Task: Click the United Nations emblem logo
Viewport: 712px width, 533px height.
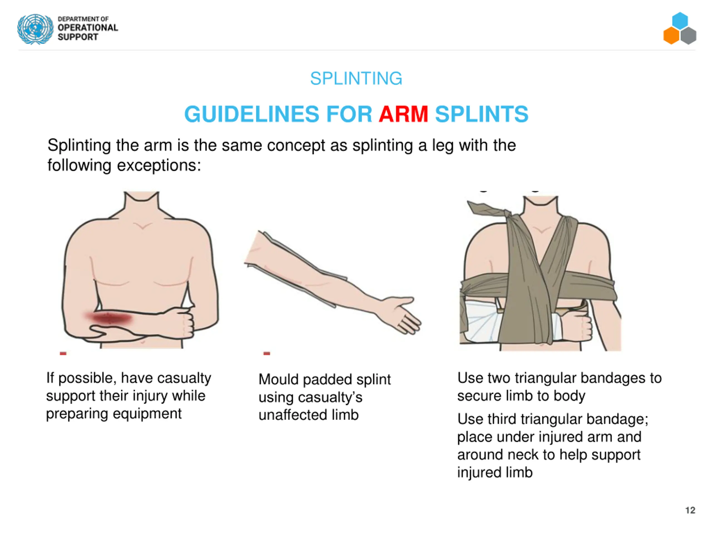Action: (35, 29)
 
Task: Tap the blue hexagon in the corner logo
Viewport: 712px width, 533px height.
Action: (680, 21)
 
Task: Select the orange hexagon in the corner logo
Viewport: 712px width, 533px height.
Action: (671, 35)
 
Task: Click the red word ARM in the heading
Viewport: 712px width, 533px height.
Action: (403, 114)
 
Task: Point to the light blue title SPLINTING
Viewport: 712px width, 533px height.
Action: (356, 78)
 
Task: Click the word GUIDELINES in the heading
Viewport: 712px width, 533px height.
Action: (251, 114)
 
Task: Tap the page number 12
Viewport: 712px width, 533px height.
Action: (690, 510)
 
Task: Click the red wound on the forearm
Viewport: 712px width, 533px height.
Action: (109, 318)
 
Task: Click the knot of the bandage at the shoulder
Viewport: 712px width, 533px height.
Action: (507, 214)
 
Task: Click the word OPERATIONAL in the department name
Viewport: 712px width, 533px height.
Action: (88, 28)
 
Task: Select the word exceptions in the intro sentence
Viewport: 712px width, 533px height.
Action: (159, 166)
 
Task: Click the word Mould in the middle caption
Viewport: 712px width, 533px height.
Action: (279, 379)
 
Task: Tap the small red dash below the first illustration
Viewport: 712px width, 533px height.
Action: (63, 354)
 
